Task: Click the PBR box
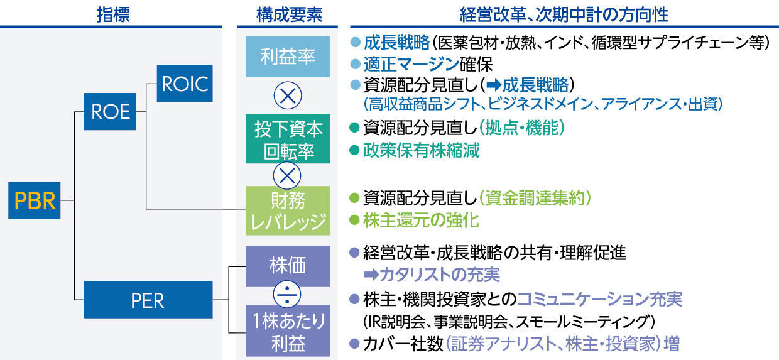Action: tap(35, 200)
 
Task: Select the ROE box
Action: tap(110, 112)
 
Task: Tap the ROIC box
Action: tap(185, 84)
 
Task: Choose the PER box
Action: tap(148, 300)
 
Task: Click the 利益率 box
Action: tap(288, 57)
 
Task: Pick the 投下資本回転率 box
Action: tap(288, 139)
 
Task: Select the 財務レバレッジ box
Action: tap(288, 210)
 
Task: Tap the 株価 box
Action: tap(288, 266)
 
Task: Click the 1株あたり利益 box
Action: tap(288, 330)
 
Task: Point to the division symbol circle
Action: tap(287, 295)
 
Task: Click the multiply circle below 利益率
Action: tap(288, 95)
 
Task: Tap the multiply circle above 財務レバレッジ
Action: tap(287, 176)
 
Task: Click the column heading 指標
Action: tap(113, 15)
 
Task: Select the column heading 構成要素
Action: tap(290, 15)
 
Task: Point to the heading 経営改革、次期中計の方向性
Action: tap(564, 15)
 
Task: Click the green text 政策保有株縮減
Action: tap(421, 150)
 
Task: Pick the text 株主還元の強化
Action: tap(421, 220)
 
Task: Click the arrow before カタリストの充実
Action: tap(371, 275)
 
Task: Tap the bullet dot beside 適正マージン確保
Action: tap(355, 64)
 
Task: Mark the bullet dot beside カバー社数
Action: tap(354, 344)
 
